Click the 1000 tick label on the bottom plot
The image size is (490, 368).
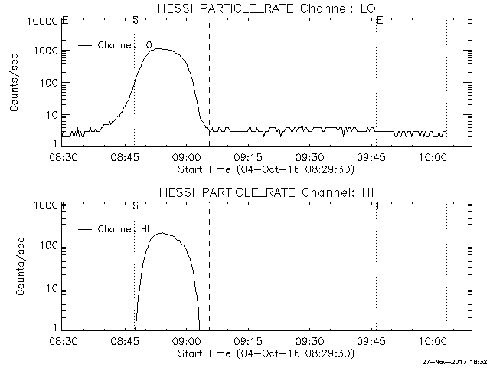click(x=43, y=205)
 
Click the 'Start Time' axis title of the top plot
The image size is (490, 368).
click(x=265, y=169)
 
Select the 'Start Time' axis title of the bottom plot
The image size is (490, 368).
click(x=265, y=353)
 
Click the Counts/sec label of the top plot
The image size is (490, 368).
click(x=15, y=83)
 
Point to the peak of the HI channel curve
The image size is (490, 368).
click(x=162, y=233)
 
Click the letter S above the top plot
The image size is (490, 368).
click(x=136, y=19)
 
